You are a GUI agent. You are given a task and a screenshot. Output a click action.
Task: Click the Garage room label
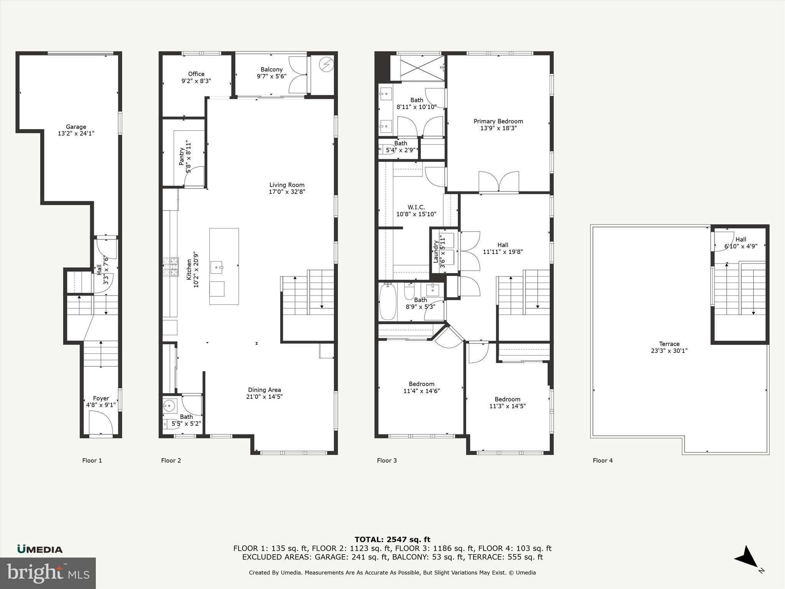pyautogui.click(x=76, y=127)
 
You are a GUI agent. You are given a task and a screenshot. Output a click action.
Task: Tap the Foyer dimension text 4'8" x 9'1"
pyautogui.click(x=101, y=405)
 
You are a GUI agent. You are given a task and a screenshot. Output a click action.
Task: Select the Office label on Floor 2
pyautogui.click(x=196, y=74)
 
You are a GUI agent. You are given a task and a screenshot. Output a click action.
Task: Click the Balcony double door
pyautogui.click(x=297, y=75)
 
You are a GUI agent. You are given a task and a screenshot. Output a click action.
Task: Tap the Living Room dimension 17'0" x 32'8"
pyautogui.click(x=287, y=192)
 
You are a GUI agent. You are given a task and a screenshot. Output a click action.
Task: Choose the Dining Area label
pyautogui.click(x=264, y=390)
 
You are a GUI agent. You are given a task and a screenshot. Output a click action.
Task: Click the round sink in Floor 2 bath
pyautogui.click(x=169, y=405)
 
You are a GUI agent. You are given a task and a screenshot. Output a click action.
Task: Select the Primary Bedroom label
pyautogui.click(x=498, y=121)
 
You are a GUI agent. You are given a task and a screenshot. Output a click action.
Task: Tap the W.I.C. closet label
pyautogui.click(x=416, y=207)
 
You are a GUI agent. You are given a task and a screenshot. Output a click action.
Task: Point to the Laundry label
pyautogui.click(x=436, y=252)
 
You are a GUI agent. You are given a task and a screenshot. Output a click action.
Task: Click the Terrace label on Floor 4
pyautogui.click(x=669, y=344)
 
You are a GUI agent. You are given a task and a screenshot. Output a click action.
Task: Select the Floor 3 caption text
pyautogui.click(x=387, y=461)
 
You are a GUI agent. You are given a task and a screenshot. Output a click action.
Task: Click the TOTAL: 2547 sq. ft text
pyautogui.click(x=392, y=540)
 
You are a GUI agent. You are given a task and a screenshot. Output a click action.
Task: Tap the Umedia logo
pyautogui.click(x=40, y=549)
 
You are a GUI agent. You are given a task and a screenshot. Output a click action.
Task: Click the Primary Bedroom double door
pyautogui.click(x=499, y=182)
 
